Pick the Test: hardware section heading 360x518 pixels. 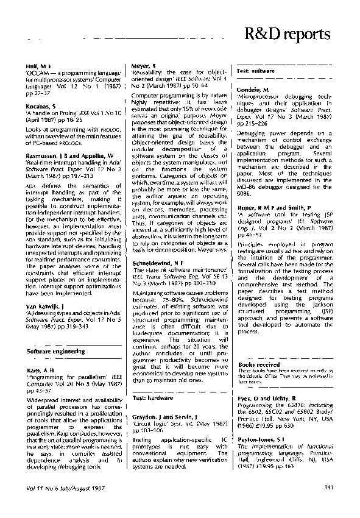(x=153, y=397)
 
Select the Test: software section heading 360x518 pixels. (x=255, y=71)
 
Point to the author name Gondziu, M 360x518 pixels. (x=253, y=90)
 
